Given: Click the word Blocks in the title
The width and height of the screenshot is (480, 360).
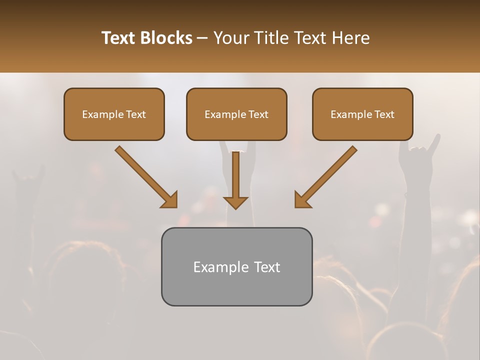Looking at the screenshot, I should (x=167, y=38).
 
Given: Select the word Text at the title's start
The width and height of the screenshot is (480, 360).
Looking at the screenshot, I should (x=119, y=38).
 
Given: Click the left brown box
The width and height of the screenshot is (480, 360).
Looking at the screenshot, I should (x=114, y=114).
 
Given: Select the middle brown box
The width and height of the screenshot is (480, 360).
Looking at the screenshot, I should (x=236, y=114).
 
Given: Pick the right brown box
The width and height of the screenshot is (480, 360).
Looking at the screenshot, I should (x=362, y=114).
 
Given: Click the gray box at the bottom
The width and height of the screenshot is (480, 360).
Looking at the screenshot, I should (x=236, y=266).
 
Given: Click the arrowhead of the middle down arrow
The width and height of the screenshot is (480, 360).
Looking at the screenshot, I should (x=235, y=202).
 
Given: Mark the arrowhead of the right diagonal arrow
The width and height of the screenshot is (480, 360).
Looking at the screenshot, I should (x=302, y=200).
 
